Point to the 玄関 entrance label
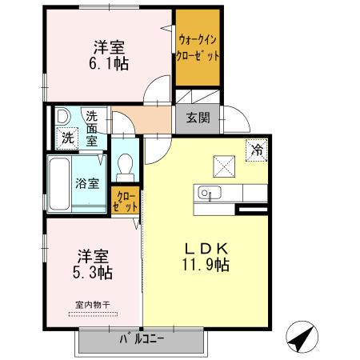198,118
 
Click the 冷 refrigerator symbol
258,149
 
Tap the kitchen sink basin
207,194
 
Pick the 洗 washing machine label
67,137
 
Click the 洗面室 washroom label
93,127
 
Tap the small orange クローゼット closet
127,200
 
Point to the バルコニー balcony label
142,338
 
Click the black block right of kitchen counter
252,210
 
